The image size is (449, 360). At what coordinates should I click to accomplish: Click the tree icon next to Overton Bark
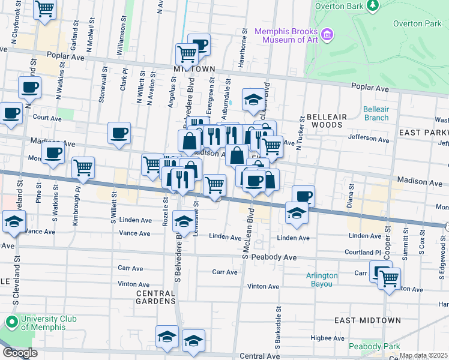(373, 5)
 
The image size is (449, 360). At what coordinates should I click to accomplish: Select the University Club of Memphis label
(41, 323)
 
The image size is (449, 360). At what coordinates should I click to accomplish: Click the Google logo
(20, 353)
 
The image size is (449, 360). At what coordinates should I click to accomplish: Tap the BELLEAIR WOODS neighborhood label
(324, 121)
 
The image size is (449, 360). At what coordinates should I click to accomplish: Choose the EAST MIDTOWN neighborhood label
(367, 320)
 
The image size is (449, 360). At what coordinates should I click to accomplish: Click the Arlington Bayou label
(322, 280)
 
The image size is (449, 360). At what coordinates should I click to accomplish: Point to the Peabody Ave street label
(274, 257)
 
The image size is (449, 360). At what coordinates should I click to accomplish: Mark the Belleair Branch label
(376, 113)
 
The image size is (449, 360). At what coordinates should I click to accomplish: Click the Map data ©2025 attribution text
(423, 356)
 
